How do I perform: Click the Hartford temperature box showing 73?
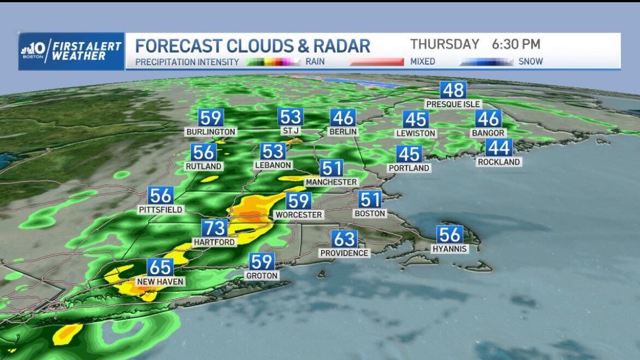point(215,228)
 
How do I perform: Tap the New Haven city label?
point(160,282)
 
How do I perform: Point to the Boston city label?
point(370,213)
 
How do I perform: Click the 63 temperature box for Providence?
point(344,238)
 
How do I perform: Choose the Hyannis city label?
point(450,249)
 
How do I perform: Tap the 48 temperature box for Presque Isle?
point(453,90)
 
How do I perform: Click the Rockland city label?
point(498,162)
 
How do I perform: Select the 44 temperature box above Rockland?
point(499,147)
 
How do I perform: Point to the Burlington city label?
point(211,132)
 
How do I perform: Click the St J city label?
point(290,131)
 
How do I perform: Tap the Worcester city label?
point(298,215)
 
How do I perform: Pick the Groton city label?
point(261,276)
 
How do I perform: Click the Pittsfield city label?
point(161,210)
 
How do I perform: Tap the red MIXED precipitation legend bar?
point(377,62)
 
